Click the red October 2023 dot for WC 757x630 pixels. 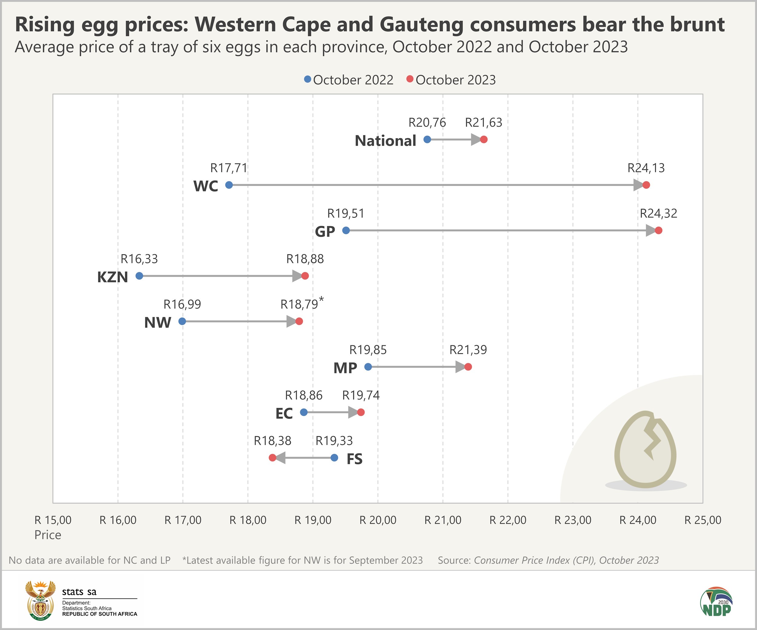[x=646, y=185]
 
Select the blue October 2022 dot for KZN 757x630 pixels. [x=139, y=276]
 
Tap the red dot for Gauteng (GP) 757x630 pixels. [x=659, y=231]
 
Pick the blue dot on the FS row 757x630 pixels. [x=334, y=458]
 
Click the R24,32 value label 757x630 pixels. [x=658, y=213]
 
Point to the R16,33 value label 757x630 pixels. [x=139, y=259]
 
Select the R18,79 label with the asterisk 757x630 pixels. [x=301, y=304]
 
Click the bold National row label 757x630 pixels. [x=385, y=140]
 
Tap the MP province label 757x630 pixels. [x=345, y=368]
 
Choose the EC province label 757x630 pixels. [x=284, y=414]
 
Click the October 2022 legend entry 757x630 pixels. [x=349, y=80]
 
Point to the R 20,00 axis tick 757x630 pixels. [x=378, y=520]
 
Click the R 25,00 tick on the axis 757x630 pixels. [x=702, y=520]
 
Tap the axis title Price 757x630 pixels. [x=48, y=535]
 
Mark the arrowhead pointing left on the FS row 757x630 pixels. [x=280, y=458]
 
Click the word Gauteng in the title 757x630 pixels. [x=421, y=25]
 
